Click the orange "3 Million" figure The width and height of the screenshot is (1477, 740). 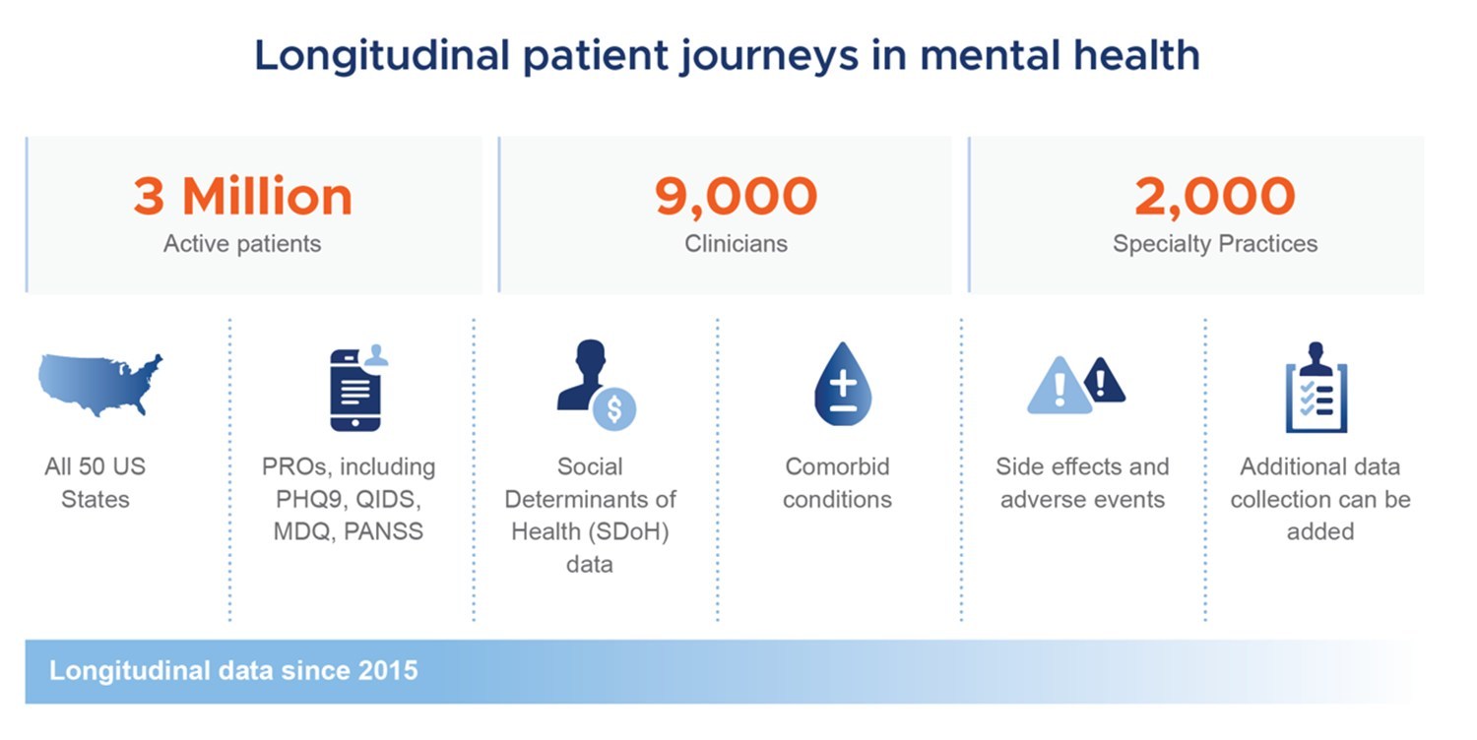click(x=242, y=197)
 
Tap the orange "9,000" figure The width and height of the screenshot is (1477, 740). click(x=736, y=197)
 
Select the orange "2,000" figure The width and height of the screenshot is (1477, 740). click(x=1214, y=197)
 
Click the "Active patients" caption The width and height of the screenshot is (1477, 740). click(x=242, y=243)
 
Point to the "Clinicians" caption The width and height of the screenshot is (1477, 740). click(x=736, y=243)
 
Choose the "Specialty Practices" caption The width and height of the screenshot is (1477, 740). click(x=1214, y=243)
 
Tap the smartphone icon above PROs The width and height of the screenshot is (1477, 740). click(x=355, y=391)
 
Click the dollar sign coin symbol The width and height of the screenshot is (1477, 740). click(x=614, y=408)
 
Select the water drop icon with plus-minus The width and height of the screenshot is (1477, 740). click(x=842, y=385)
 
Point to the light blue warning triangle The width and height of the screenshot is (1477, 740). click(x=1060, y=388)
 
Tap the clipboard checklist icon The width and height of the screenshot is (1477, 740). click(x=1316, y=391)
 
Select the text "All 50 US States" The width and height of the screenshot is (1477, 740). click(x=95, y=482)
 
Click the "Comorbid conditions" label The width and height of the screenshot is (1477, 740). click(x=837, y=482)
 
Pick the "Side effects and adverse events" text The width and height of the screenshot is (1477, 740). click(x=1082, y=482)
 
